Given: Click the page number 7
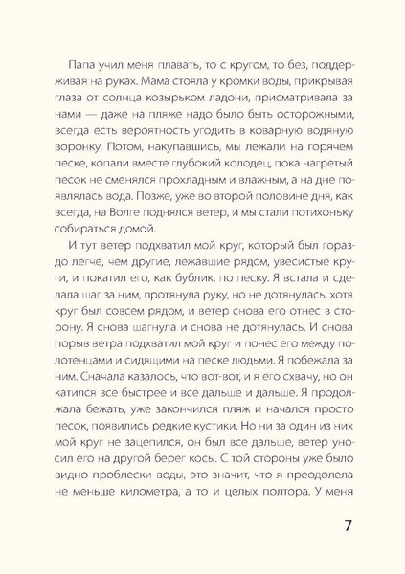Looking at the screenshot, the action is [x=350, y=528].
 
